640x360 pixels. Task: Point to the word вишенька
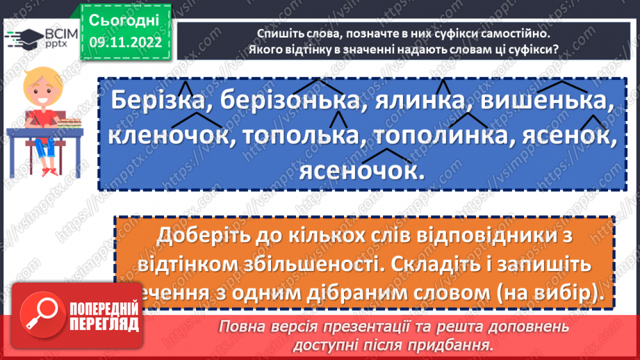click(x=548, y=102)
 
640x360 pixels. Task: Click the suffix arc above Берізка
click(x=185, y=88)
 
